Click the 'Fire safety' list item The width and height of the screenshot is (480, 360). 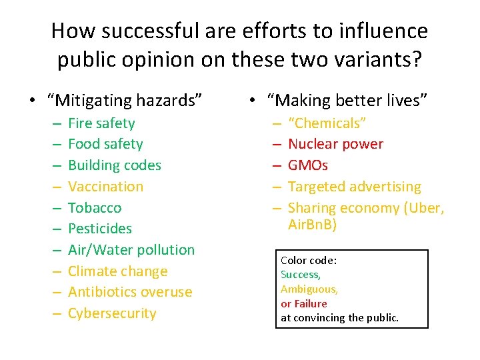pos(101,123)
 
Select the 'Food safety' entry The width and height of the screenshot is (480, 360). pos(105,144)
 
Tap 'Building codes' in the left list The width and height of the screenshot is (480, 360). pos(115,165)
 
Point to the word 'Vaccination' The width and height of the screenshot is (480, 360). pos(105,187)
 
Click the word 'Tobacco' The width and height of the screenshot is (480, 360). pos(95,208)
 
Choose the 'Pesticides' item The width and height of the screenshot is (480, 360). pos(100,229)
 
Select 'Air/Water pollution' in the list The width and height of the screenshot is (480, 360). pos(131,250)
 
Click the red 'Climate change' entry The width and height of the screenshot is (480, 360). pos(117,271)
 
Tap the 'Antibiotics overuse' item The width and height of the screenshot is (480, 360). pos(130,292)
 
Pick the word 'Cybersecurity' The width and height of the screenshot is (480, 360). pos(112,313)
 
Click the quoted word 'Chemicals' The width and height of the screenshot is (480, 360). pos(327,123)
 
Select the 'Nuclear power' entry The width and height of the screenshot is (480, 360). pos(335,144)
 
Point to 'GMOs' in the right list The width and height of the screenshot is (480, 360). pos(308,165)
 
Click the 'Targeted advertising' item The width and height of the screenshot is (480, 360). pos(354,187)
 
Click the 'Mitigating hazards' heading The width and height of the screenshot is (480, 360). pos(125,101)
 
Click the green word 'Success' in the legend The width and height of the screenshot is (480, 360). pos(300,275)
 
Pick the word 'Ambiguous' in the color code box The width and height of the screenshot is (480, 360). pos(309,289)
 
